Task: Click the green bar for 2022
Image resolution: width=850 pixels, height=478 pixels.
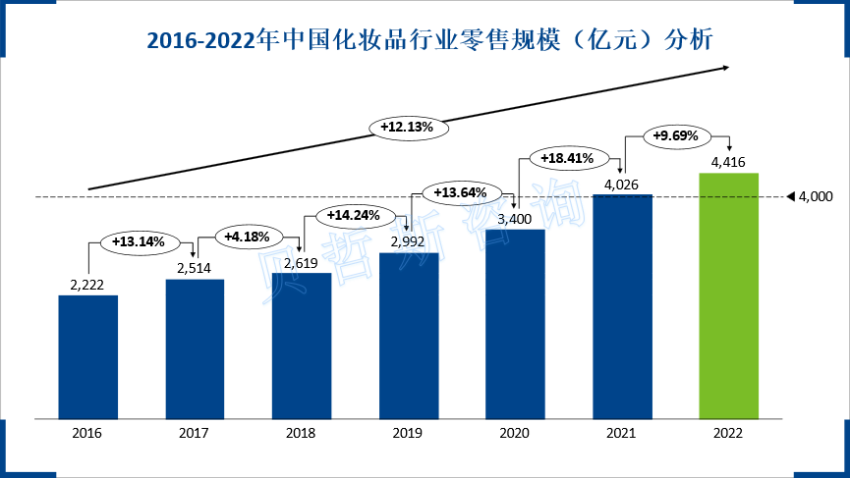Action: (728, 295)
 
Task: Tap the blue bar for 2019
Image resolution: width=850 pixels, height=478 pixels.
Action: (408, 335)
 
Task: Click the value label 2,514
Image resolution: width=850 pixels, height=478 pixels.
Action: (195, 267)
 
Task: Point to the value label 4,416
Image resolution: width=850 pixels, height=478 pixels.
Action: (728, 160)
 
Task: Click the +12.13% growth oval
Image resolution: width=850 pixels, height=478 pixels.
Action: (408, 127)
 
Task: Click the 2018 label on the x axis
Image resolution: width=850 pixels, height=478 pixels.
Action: (301, 433)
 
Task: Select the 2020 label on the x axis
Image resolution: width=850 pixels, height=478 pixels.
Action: (515, 433)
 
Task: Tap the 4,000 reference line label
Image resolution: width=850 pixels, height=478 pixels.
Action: (816, 197)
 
